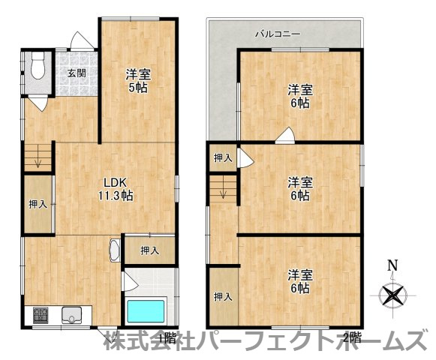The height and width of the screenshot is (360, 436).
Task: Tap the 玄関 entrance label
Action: [76, 73]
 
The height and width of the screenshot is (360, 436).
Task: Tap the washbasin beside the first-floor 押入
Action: [114, 250]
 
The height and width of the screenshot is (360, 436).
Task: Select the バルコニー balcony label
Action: [277, 34]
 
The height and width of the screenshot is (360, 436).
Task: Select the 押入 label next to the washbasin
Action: [149, 250]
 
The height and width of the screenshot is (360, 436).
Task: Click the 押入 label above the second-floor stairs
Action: [222, 157]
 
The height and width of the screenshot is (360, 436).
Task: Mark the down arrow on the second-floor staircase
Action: [223, 193]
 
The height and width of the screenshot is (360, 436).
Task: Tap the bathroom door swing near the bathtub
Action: [129, 281]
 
